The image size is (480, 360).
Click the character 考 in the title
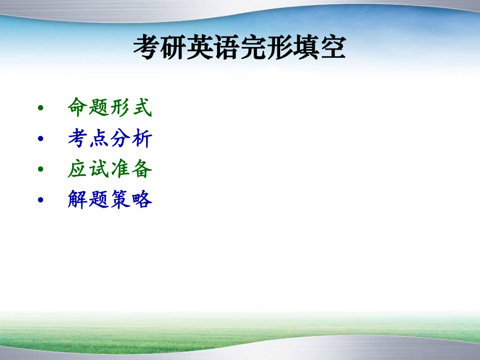click(x=146, y=49)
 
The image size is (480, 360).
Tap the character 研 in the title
click(x=173, y=49)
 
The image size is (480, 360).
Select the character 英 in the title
click(x=199, y=49)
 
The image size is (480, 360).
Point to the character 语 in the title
click(x=226, y=49)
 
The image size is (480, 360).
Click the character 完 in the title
click(x=253, y=49)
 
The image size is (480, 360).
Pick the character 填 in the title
click(x=306, y=49)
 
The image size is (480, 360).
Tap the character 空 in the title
click(x=332, y=49)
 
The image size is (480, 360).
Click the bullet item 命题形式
click(x=110, y=107)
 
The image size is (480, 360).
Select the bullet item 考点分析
click(x=110, y=138)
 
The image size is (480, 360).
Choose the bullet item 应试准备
click(x=110, y=169)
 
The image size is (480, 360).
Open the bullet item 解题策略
click(x=110, y=199)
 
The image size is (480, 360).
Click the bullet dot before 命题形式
click(x=41, y=109)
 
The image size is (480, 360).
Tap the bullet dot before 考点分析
click(x=41, y=139)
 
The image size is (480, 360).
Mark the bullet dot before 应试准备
click(x=41, y=170)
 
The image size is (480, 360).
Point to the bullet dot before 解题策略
click(x=41, y=200)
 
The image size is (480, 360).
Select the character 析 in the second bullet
click(x=142, y=138)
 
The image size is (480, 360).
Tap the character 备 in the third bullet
click(x=142, y=169)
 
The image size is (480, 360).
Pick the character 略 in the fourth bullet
click(x=142, y=199)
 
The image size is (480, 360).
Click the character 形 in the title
click(x=279, y=49)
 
